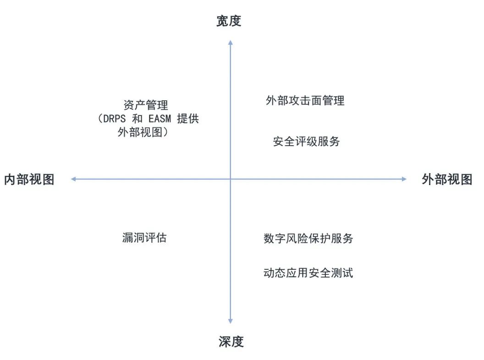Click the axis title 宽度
click(x=229, y=21)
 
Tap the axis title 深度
click(x=231, y=342)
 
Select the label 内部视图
click(x=29, y=179)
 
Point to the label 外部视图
click(x=447, y=179)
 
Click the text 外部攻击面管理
click(x=305, y=100)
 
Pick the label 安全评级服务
click(x=306, y=142)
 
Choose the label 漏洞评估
click(x=144, y=238)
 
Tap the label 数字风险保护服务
click(x=308, y=238)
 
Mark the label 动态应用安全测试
click(x=308, y=273)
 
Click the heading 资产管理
click(x=146, y=105)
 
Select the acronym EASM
click(x=160, y=119)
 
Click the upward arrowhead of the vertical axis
click(x=231, y=42)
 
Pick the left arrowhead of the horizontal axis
click(x=73, y=179)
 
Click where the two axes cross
click(x=231, y=179)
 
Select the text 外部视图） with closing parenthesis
click(x=143, y=132)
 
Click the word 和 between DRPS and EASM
click(x=139, y=119)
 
